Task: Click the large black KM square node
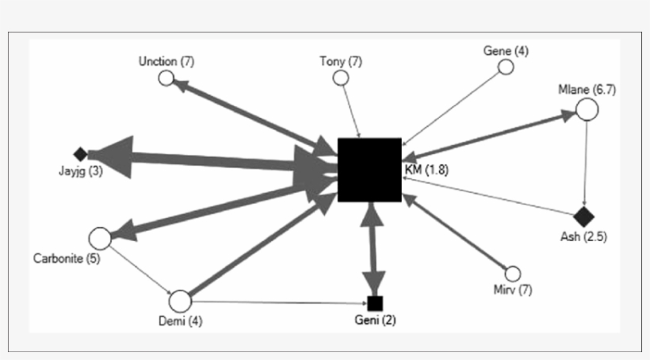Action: coord(369,170)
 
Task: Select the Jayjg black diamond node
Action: coord(79,154)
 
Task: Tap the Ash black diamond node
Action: coord(584,216)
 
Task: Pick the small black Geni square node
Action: coord(375,303)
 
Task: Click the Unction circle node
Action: coord(166,78)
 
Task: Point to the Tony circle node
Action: coord(341,78)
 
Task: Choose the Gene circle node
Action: coord(506,67)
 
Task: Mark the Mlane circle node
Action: coord(586,109)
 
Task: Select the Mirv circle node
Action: coord(513,274)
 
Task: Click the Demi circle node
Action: coord(181,301)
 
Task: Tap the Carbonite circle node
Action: coord(100,237)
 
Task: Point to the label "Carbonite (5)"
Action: coord(67,259)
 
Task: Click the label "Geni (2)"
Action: coord(376,321)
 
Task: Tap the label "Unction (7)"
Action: coord(166,61)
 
